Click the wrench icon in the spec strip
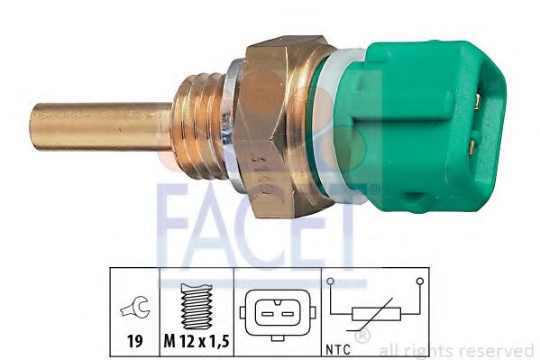coord(132,311)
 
